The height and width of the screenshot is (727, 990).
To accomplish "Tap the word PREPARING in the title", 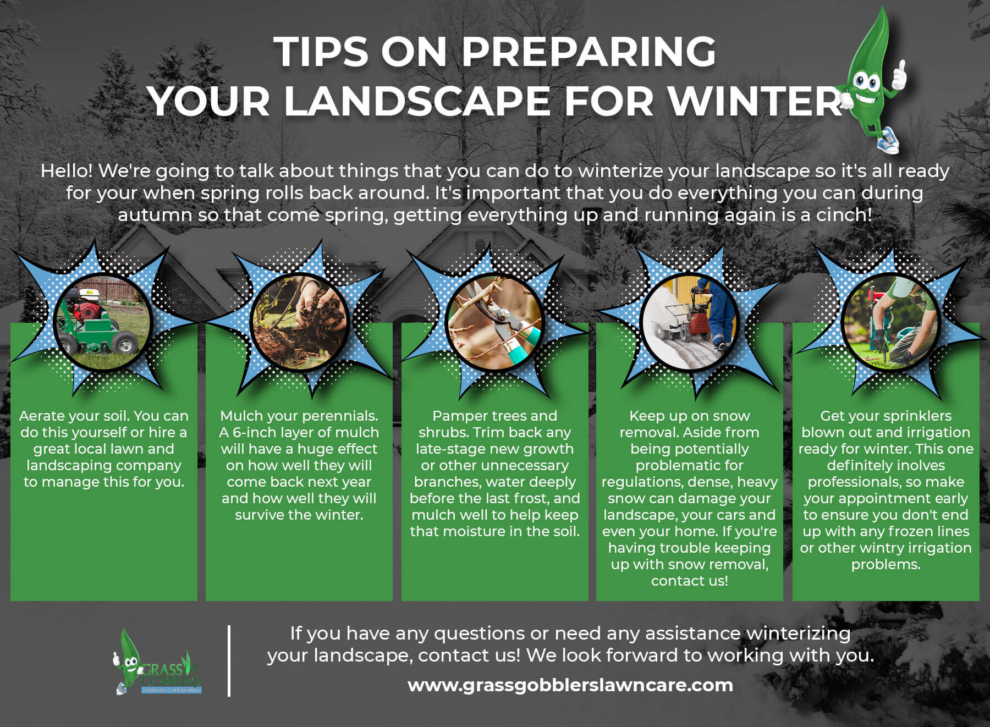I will coord(588,52).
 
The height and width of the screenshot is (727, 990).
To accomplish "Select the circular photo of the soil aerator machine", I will coord(103,322).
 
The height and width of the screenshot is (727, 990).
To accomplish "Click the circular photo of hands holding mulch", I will coord(299,322).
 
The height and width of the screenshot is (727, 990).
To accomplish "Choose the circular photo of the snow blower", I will coord(689,322).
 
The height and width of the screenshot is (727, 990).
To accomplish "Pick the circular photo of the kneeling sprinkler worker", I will coord(886,322).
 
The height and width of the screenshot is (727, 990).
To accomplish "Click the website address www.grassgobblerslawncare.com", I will coord(570,685).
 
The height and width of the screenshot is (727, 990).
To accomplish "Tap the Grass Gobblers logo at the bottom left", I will coord(157,663).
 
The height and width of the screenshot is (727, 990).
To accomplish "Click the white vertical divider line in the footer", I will coord(229,660).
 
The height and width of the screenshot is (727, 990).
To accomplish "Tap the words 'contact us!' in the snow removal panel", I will coord(689,581).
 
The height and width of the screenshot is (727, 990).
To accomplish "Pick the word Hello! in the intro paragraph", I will coord(67,171).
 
